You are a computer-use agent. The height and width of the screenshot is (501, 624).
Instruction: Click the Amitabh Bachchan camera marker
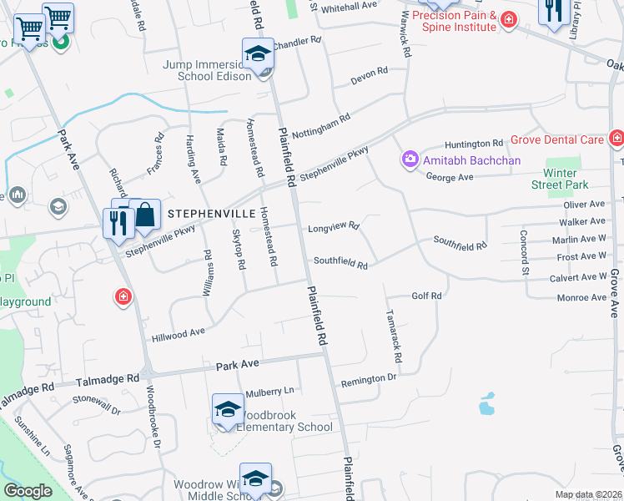pyautogui.click(x=410, y=159)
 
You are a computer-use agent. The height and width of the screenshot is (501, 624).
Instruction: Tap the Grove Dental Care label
pyautogui.click(x=557, y=139)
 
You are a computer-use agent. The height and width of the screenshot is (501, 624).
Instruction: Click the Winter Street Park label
pyautogui.click(x=561, y=179)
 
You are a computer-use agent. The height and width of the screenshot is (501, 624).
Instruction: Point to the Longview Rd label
pyautogui.click(x=333, y=227)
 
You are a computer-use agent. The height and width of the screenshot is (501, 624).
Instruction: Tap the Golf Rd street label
pyautogui.click(x=425, y=296)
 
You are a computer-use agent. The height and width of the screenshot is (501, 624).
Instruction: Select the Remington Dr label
pyautogui.click(x=368, y=378)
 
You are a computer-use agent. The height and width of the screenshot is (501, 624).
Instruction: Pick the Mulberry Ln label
pyautogui.click(x=269, y=391)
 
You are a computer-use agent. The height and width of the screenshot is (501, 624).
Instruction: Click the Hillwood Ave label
pyautogui.click(x=178, y=333)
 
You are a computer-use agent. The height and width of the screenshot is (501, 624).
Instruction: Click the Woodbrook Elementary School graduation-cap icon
pyautogui.click(x=228, y=408)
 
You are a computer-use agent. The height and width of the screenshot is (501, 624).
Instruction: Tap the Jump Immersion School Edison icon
pyautogui.click(x=258, y=54)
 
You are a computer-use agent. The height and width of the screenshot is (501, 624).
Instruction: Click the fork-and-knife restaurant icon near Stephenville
pyautogui.click(x=118, y=223)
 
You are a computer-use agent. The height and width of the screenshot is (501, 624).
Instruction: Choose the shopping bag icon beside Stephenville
pyautogui.click(x=145, y=214)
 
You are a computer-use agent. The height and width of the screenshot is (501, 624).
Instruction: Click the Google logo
pyautogui.click(x=28, y=491)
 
